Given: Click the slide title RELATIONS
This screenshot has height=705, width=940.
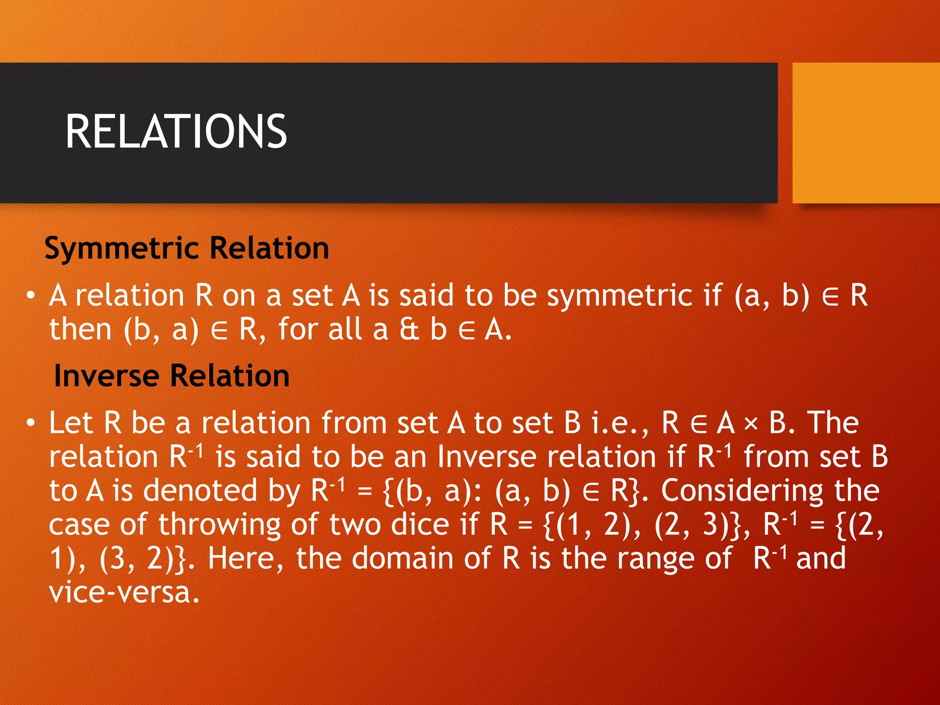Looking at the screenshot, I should (x=176, y=132).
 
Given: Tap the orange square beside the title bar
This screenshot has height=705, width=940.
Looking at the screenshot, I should (x=866, y=133).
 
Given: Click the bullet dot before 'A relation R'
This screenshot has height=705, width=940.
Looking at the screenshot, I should (x=30, y=296).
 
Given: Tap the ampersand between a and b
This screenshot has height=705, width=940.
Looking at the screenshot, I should (x=409, y=330).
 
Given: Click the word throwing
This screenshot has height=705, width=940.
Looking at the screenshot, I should (x=219, y=525).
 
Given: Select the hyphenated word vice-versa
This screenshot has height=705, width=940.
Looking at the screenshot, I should (x=124, y=593).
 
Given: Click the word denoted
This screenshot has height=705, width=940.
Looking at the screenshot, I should (x=201, y=490).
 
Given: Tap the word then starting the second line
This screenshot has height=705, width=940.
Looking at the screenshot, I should (x=81, y=330).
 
